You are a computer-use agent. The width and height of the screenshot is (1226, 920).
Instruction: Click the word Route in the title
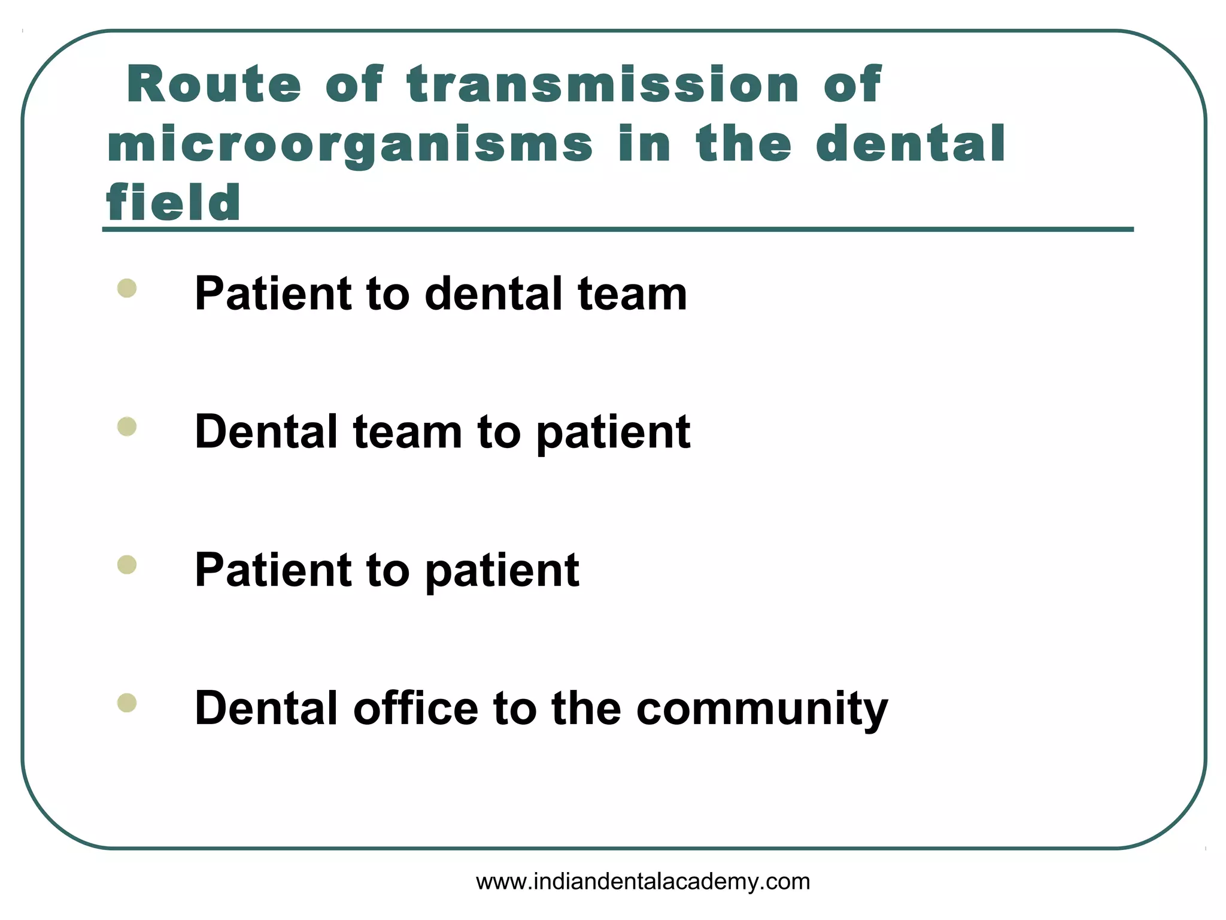(214, 84)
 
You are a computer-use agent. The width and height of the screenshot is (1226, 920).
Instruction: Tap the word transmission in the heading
(602, 84)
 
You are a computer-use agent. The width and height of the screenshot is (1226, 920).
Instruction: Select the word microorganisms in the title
(350, 144)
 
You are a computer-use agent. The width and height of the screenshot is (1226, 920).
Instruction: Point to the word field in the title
(174, 202)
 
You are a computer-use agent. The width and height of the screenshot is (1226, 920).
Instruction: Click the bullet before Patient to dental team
(127, 288)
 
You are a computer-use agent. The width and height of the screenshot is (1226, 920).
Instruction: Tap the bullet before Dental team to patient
(127, 427)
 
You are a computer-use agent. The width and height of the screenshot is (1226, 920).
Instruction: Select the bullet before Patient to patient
(127, 564)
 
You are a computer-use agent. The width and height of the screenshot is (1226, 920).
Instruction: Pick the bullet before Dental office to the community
(127, 703)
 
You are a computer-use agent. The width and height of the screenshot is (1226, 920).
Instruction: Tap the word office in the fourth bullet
(415, 708)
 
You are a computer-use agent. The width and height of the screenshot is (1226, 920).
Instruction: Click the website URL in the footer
(642, 882)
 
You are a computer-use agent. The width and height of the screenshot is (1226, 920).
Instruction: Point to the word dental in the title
(911, 144)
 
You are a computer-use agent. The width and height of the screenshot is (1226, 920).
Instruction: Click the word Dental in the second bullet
(266, 432)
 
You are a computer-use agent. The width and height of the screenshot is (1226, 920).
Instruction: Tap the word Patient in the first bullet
(273, 293)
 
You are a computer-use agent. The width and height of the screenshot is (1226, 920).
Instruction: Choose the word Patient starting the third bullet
(273, 570)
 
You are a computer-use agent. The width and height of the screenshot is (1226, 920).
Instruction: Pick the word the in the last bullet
(585, 708)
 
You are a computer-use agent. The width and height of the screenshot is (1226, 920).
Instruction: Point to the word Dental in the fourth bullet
(266, 708)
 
